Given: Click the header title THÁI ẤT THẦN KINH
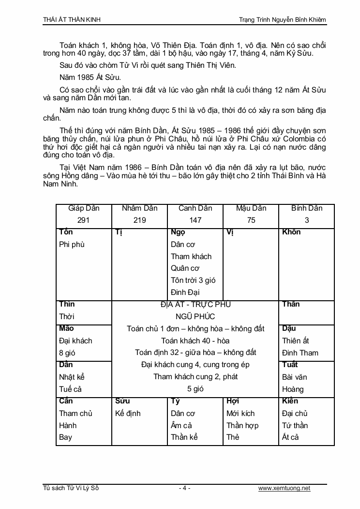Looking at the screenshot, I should tap(72, 19).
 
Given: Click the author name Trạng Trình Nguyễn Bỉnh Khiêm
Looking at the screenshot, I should tap(283, 19).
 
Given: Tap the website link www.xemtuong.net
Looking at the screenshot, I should tap(284, 488).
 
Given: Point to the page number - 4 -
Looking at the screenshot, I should tap(184, 488).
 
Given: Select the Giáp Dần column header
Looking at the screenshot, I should tap(84, 208).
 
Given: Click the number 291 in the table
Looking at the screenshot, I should tap(84, 220).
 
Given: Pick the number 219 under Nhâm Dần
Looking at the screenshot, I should tap(139, 220).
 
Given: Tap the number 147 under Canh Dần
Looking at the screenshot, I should tap(195, 220).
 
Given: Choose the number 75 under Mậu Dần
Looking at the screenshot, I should tap(251, 220).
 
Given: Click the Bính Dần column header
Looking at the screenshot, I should tap(307, 208).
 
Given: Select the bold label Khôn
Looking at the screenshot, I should tap(291, 232).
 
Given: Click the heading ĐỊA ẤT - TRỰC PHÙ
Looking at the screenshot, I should tap(195, 305).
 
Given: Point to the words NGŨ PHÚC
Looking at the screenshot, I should tap(195, 317).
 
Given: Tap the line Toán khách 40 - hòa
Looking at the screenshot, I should tap(195, 340).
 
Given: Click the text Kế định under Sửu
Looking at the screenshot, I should tap(128, 413).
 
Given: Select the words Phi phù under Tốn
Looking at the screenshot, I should tap(72, 244).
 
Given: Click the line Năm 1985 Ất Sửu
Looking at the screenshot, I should tap(84, 77).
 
